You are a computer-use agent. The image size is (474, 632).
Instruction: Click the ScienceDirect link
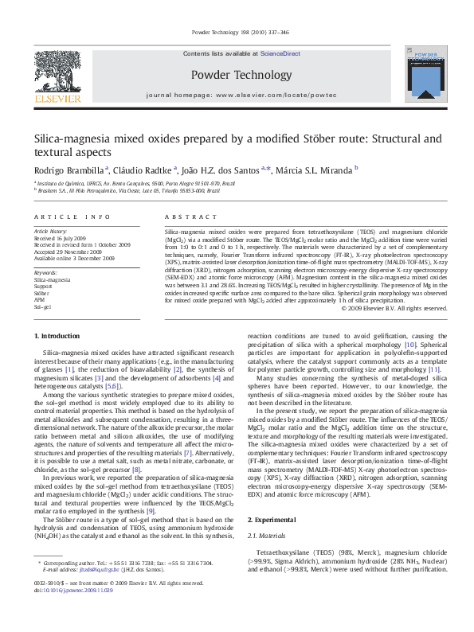[280, 53]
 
